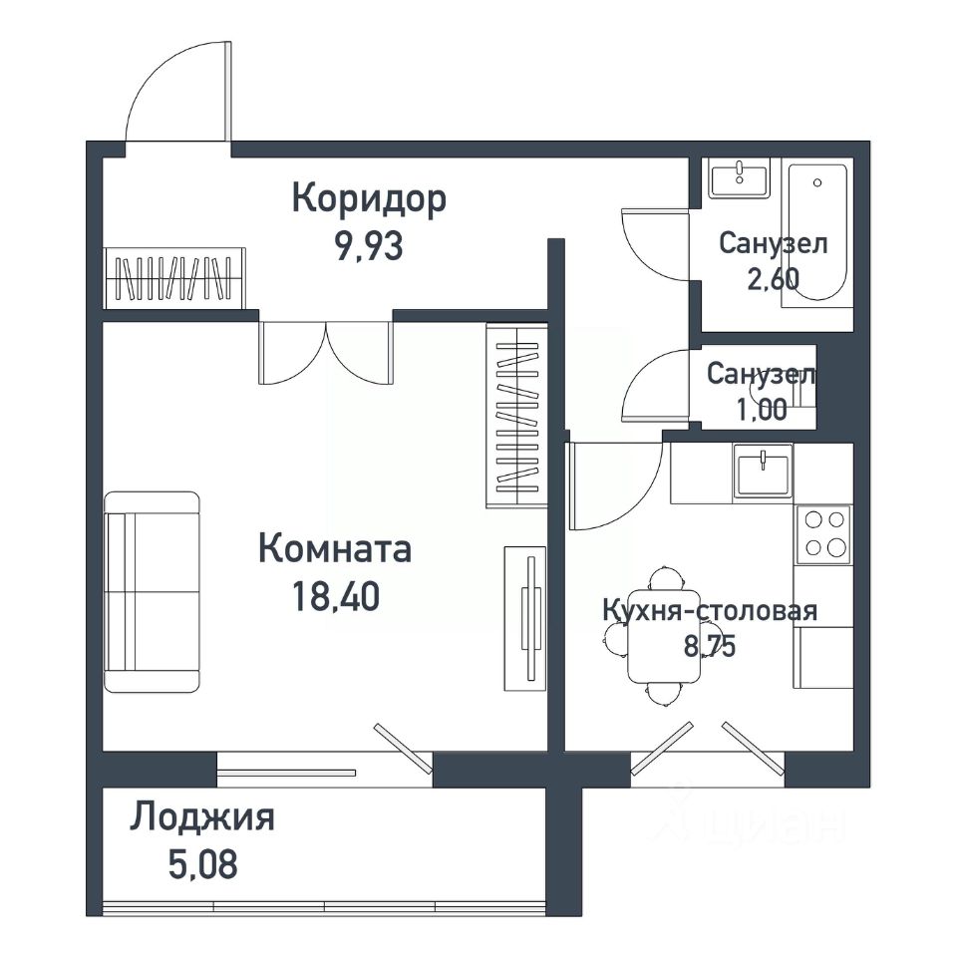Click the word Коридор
[369, 200]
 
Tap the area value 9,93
[369, 246]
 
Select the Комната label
[335, 548]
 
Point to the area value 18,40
[336, 596]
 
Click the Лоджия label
[202, 817]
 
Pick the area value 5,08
[202, 864]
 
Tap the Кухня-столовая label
[710, 610]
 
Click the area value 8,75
[710, 646]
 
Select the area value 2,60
[774, 279]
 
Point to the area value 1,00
[762, 410]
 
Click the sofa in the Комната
[152, 591]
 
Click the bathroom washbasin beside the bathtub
[739, 178]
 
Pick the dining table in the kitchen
[664, 636]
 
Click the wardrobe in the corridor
[174, 278]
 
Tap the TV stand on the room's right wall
[525, 618]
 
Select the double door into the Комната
[326, 353]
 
